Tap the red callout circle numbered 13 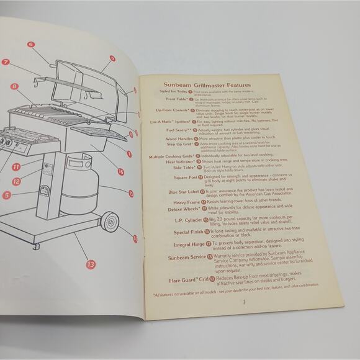coord(91,264)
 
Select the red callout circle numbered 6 coord(30,45)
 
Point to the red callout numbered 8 coord(13,86)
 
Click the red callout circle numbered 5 coord(6,195)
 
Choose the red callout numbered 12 coord(17,181)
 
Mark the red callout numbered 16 coord(120,171)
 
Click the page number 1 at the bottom coord(244,302)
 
